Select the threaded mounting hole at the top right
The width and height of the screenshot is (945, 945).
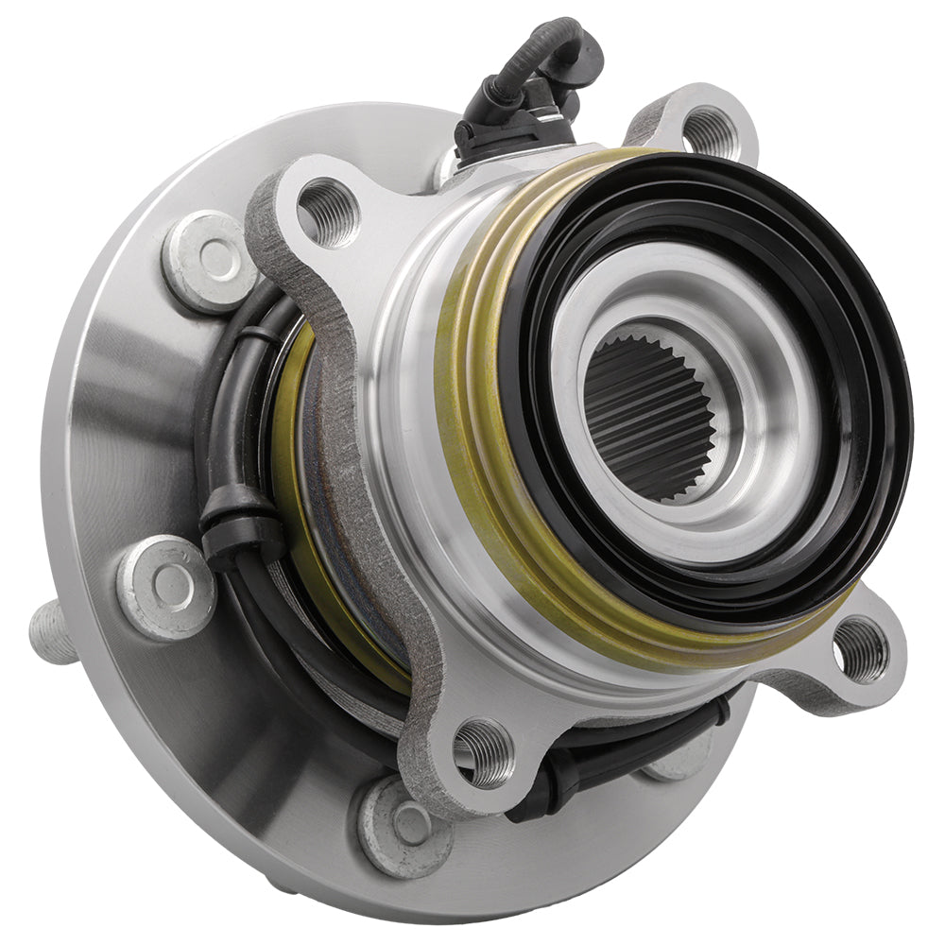coord(710,132)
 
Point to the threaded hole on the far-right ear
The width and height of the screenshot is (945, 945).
coord(861,649)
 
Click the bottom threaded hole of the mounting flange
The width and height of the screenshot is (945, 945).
coord(484,751)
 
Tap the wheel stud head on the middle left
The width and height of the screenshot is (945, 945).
coord(166,586)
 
